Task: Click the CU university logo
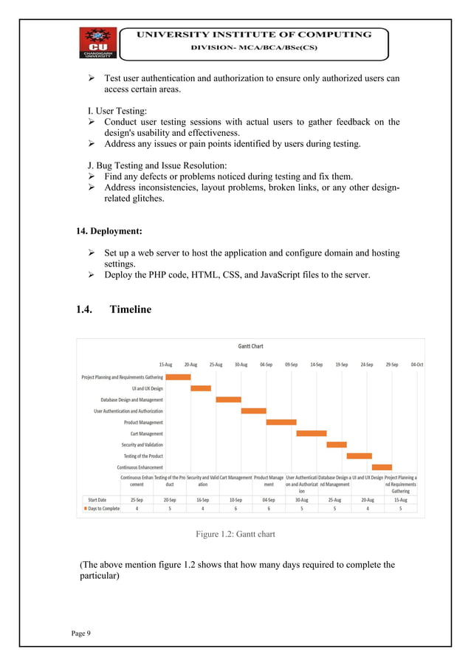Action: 98,44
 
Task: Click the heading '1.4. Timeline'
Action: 113,309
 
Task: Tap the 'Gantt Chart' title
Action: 250,346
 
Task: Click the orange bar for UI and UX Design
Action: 201,388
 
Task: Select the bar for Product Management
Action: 281,422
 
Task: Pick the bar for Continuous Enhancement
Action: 382,467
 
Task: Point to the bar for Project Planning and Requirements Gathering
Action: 178,377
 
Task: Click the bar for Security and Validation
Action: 336,444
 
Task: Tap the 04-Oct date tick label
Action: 416,364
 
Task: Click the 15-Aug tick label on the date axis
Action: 165,364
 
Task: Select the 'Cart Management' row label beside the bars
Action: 146,433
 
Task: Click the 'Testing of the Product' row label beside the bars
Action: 143,456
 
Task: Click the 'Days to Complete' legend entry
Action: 101,509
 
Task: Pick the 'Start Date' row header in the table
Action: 97,499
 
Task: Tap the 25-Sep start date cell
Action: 137,499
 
